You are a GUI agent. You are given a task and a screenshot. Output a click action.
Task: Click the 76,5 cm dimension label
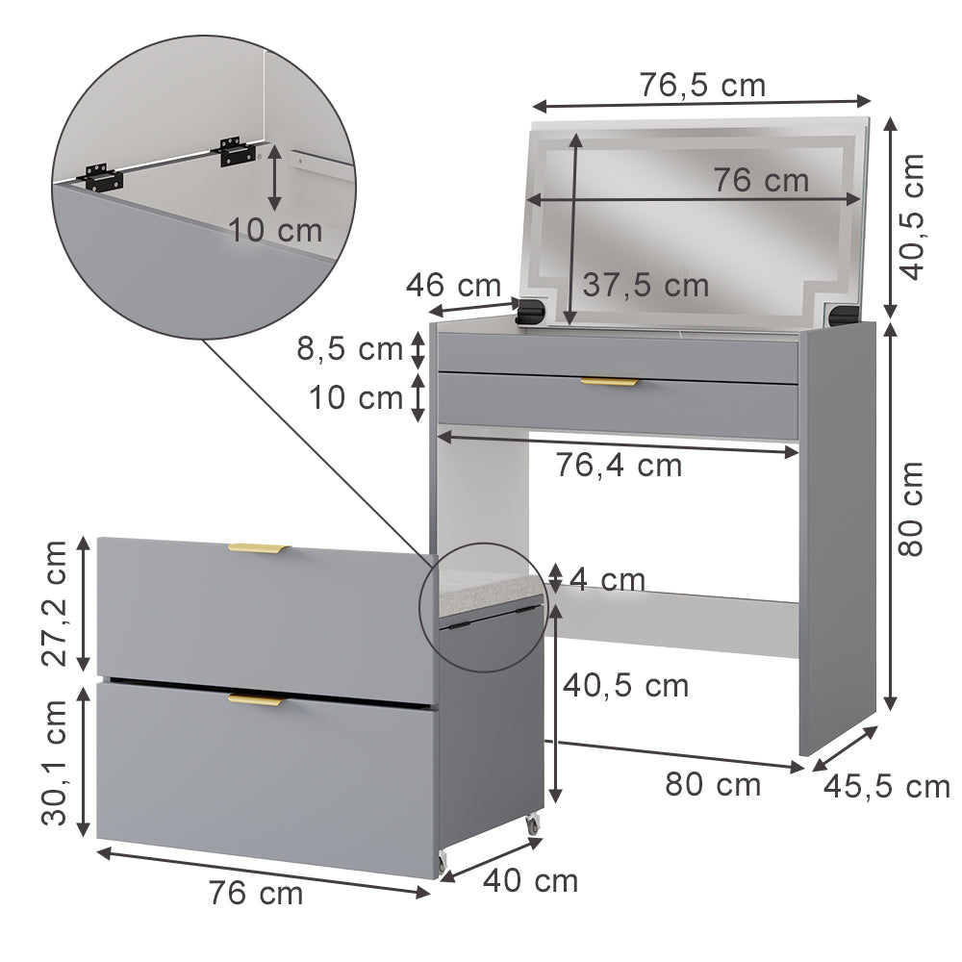coord(702,86)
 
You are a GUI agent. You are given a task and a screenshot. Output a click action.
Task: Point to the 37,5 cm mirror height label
coord(646,285)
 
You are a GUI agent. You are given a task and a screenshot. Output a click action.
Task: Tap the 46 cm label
coord(453,285)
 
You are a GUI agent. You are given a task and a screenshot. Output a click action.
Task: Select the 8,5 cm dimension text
coord(349,348)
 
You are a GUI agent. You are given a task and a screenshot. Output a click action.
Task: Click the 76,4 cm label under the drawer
coord(619,466)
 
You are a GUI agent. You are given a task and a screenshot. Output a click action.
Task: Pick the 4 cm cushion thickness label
coord(607,580)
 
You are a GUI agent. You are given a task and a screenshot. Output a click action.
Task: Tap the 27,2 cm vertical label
coord(56,603)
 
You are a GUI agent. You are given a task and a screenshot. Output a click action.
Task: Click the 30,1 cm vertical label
coord(56,762)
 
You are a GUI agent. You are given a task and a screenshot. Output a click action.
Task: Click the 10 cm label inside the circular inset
coord(275,230)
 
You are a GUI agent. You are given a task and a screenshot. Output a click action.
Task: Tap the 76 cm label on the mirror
coord(761,180)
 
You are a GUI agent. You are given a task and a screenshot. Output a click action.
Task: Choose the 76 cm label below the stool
coord(256,894)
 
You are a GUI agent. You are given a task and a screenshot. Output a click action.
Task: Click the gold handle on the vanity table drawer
coord(609,383)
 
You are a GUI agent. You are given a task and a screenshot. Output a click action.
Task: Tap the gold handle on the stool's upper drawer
coord(258,549)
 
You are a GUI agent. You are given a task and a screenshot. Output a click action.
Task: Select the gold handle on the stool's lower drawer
coord(257,699)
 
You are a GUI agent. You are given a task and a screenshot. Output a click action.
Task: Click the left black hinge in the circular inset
coord(102,177)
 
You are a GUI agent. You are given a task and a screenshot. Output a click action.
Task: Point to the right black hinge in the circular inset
coord(236,151)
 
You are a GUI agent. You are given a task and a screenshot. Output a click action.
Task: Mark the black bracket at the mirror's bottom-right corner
coord(842,314)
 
